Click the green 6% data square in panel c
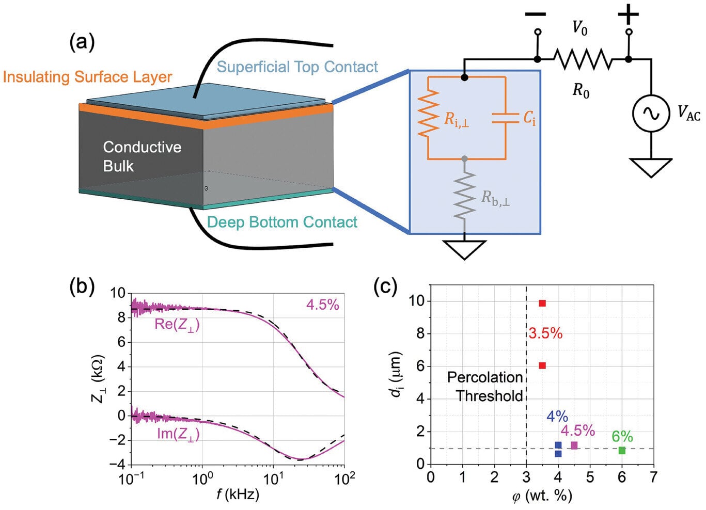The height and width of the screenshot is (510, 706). [x=622, y=451]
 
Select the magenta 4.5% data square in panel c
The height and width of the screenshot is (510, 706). [x=574, y=445]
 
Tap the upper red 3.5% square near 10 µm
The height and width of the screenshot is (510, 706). [x=542, y=303]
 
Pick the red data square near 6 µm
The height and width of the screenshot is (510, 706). [x=542, y=365]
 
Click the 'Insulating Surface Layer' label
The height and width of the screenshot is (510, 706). [x=87, y=77]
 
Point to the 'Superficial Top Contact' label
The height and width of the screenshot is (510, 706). [x=297, y=67]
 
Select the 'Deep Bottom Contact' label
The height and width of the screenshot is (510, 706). [x=282, y=222]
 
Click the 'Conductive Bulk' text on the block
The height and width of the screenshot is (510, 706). [x=142, y=156]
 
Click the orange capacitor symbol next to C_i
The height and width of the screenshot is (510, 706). [x=505, y=118]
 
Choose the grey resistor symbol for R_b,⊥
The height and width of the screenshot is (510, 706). [x=464, y=196]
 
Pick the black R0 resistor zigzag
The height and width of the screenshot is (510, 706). [x=583, y=59]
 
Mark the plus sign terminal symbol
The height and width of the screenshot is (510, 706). [x=629, y=15]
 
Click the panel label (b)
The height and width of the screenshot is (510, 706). [x=82, y=286]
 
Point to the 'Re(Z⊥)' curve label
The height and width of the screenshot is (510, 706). [x=177, y=325]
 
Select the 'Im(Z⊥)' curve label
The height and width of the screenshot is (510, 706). [x=178, y=434]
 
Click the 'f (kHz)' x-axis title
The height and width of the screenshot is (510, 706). [x=238, y=495]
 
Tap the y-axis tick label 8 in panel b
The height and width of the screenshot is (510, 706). [x=121, y=317]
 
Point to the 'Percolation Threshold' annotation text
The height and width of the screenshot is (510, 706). [x=485, y=387]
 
